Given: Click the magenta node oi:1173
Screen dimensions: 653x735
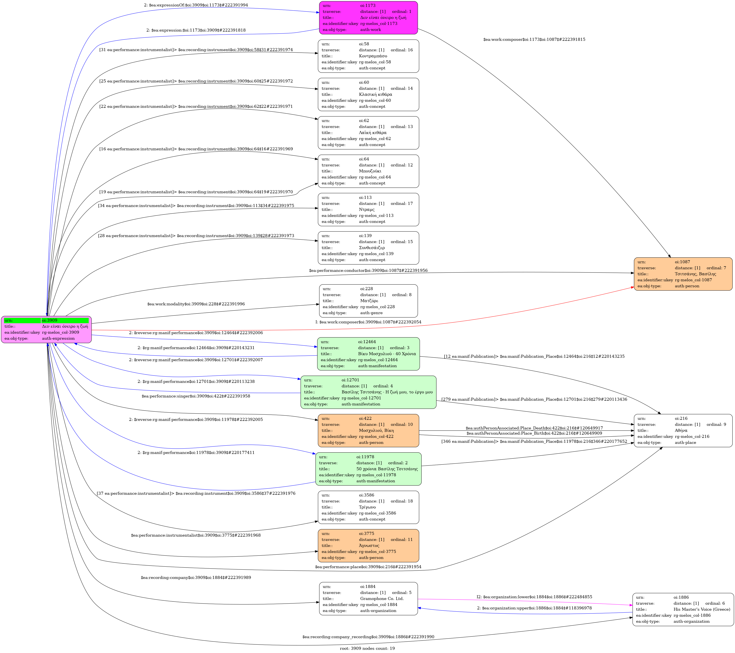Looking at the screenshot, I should coord(368,18).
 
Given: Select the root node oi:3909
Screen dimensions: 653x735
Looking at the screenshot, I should coord(46,330).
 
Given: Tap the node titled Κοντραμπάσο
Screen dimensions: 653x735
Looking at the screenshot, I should coord(368,56).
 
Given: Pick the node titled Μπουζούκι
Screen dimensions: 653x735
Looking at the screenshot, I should coord(368,171).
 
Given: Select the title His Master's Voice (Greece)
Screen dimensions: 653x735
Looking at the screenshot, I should coord(702,609).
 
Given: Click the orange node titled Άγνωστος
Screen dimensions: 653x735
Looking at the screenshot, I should coord(368,545).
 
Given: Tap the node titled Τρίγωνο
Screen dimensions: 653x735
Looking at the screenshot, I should coord(368,507).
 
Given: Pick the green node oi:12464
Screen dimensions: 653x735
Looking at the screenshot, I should coord(368,354).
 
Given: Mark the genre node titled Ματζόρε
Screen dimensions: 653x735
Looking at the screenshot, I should coord(368,301).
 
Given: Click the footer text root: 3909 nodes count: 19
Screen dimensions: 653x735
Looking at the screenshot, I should coord(367,648).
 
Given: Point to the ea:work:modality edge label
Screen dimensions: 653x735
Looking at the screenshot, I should coord(196,304).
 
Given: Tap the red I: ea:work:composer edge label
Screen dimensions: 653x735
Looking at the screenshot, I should coord(368,322).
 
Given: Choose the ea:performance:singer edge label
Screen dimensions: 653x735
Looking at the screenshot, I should coord(196,396).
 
